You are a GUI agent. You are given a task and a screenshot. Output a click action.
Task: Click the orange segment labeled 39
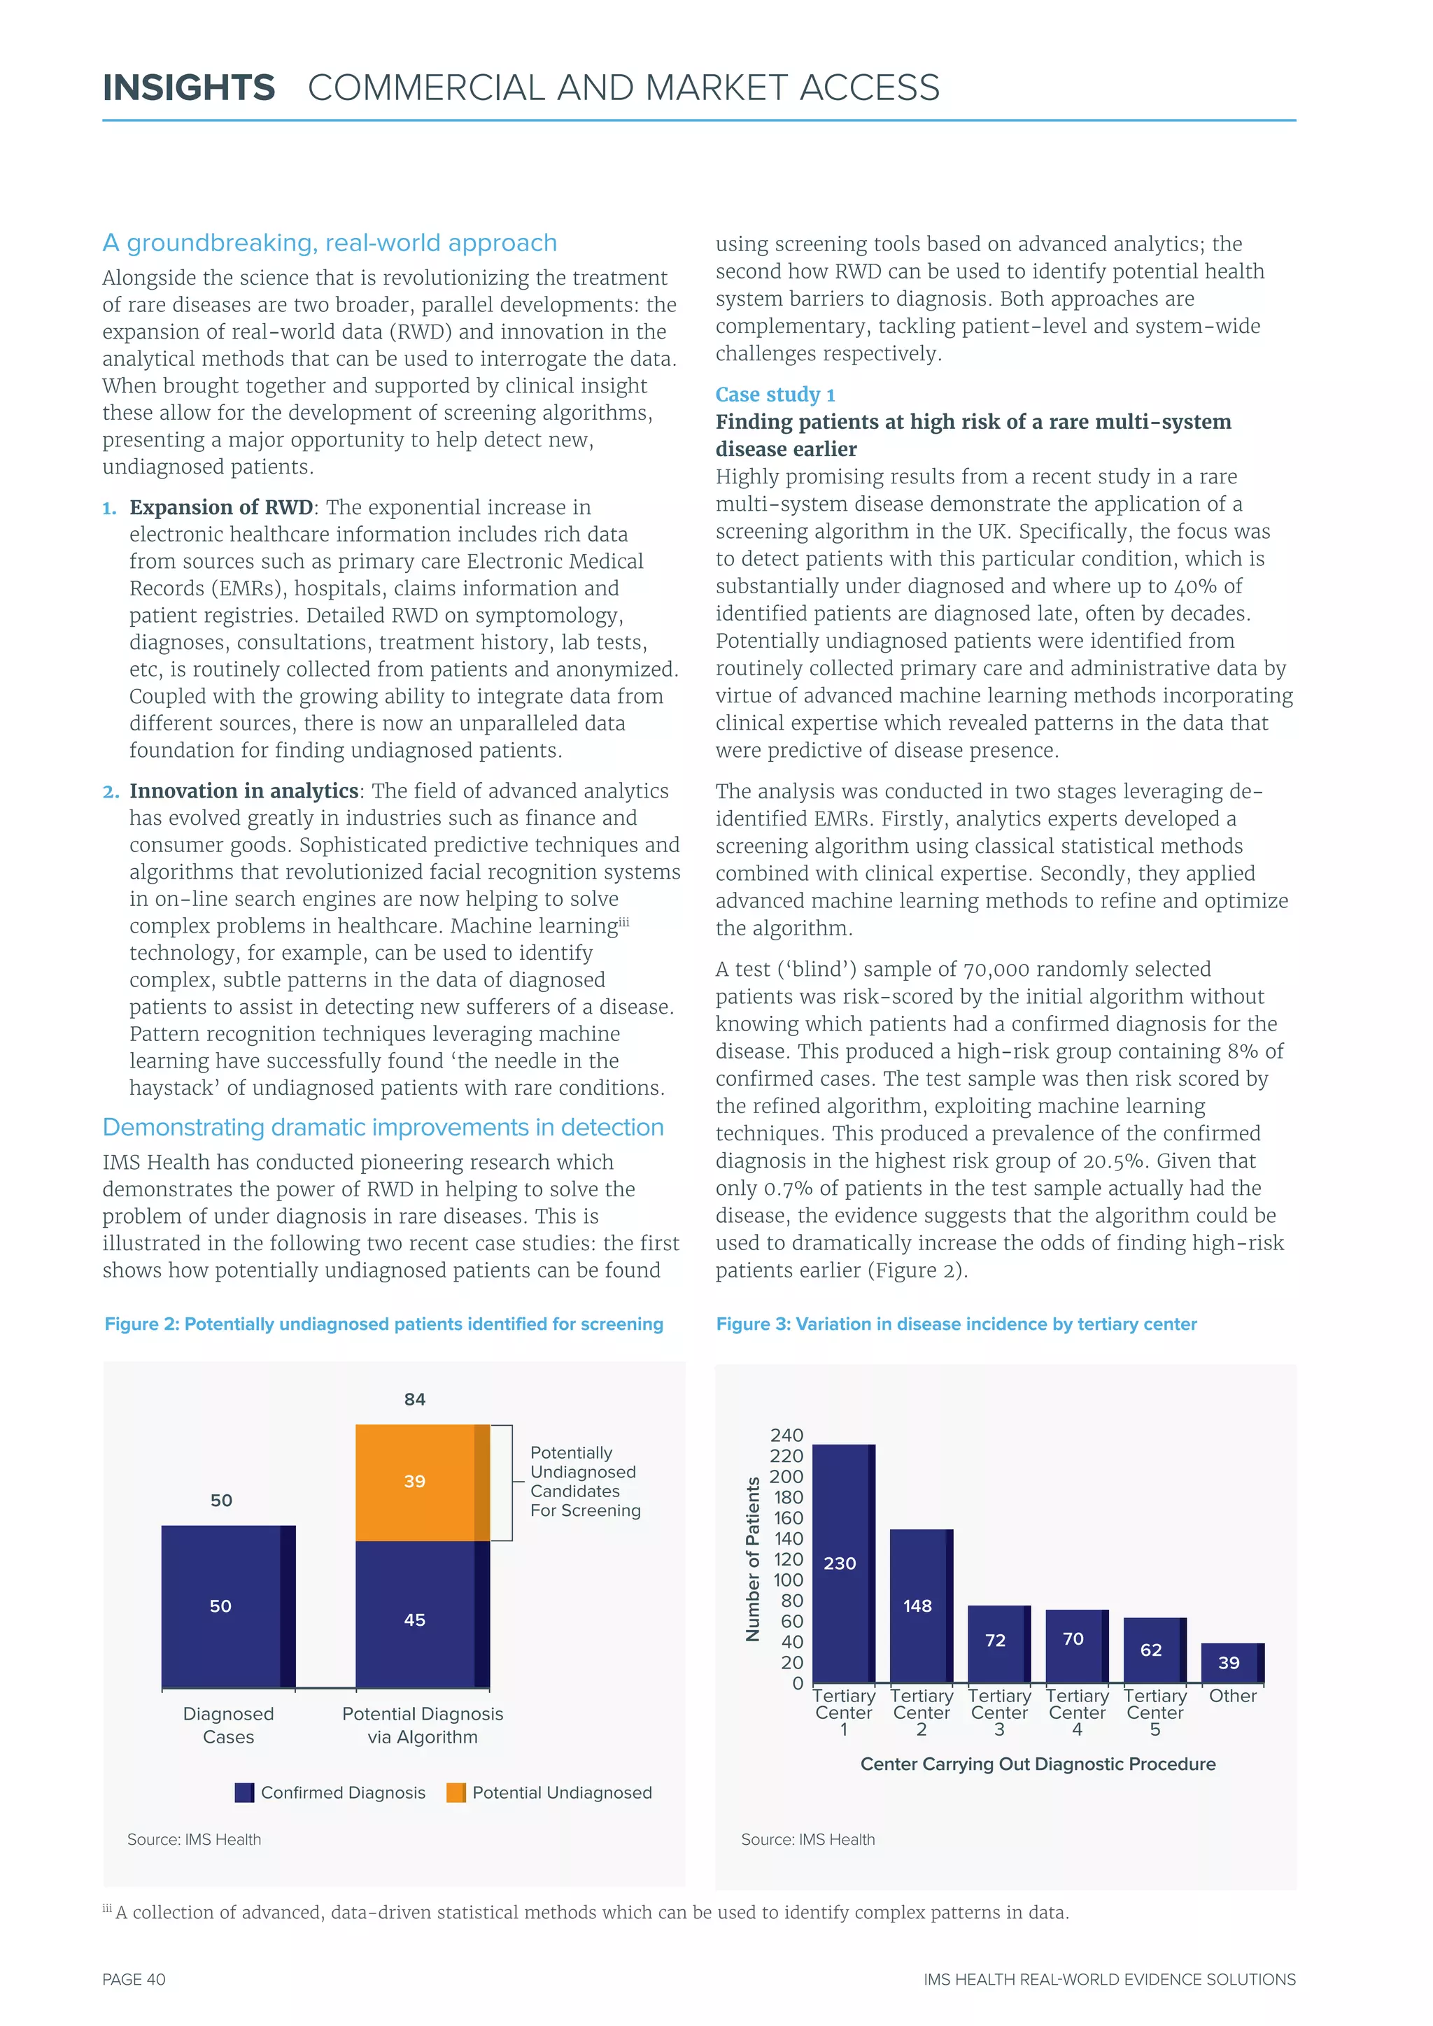[421, 1482]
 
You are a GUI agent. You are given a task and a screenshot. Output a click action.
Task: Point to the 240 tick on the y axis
[786, 1436]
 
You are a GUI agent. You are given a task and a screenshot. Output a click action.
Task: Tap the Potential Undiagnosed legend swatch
[456, 1792]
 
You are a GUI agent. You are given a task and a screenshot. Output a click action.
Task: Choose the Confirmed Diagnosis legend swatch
[244, 1792]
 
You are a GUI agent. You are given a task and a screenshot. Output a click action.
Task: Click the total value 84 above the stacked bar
[415, 1399]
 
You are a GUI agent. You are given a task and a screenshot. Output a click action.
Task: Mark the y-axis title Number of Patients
[753, 1559]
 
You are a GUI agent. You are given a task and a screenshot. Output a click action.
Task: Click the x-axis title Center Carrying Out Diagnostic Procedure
[1038, 1764]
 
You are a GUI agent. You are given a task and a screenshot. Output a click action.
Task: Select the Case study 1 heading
[775, 395]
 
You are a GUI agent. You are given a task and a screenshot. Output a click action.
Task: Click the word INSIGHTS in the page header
[189, 87]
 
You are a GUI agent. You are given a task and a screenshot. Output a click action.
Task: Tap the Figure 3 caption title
[956, 1324]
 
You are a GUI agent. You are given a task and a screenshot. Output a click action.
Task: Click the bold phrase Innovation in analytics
[243, 791]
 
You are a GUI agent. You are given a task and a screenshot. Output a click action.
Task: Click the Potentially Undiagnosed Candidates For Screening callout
[584, 1482]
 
